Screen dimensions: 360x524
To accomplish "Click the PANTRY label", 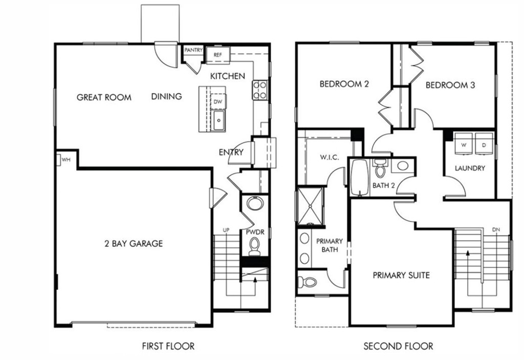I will coord(193,50).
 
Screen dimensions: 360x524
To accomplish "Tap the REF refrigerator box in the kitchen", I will coord(218,54).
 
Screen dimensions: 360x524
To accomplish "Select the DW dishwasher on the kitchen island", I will coord(217,101).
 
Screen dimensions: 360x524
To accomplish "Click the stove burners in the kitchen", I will coord(260,90).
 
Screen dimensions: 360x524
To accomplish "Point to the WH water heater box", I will coord(64,159).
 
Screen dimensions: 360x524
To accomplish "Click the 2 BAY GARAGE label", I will coord(133,243).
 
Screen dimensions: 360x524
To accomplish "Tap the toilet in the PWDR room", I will coord(254,247).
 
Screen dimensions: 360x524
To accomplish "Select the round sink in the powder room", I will coord(254,203).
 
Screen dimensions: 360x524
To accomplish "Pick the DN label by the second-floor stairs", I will coord(496,229).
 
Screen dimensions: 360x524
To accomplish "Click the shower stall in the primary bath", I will coord(310,206).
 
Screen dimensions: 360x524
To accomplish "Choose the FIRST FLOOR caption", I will coord(168,346).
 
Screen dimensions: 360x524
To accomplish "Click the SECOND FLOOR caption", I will coord(398,346).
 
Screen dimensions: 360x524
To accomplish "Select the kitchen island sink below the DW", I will coord(219,122).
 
